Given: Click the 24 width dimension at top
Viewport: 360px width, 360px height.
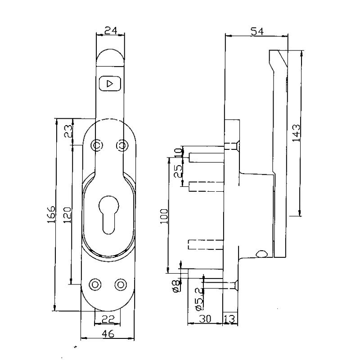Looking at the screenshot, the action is point(111,30).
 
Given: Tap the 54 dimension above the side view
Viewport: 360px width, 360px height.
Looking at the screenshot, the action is point(257,31).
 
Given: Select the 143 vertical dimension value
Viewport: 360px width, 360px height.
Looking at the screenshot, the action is point(296,133).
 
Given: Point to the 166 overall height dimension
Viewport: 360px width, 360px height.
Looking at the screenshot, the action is point(51,214).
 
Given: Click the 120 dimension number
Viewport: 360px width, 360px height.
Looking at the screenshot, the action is point(68,215).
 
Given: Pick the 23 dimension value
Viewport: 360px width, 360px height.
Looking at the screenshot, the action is point(68,131).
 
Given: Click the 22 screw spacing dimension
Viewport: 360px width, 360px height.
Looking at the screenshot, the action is point(108,319).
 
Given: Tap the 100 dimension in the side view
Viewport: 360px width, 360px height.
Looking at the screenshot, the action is point(164,216).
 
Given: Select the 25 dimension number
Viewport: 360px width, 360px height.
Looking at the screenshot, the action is point(178,171).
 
